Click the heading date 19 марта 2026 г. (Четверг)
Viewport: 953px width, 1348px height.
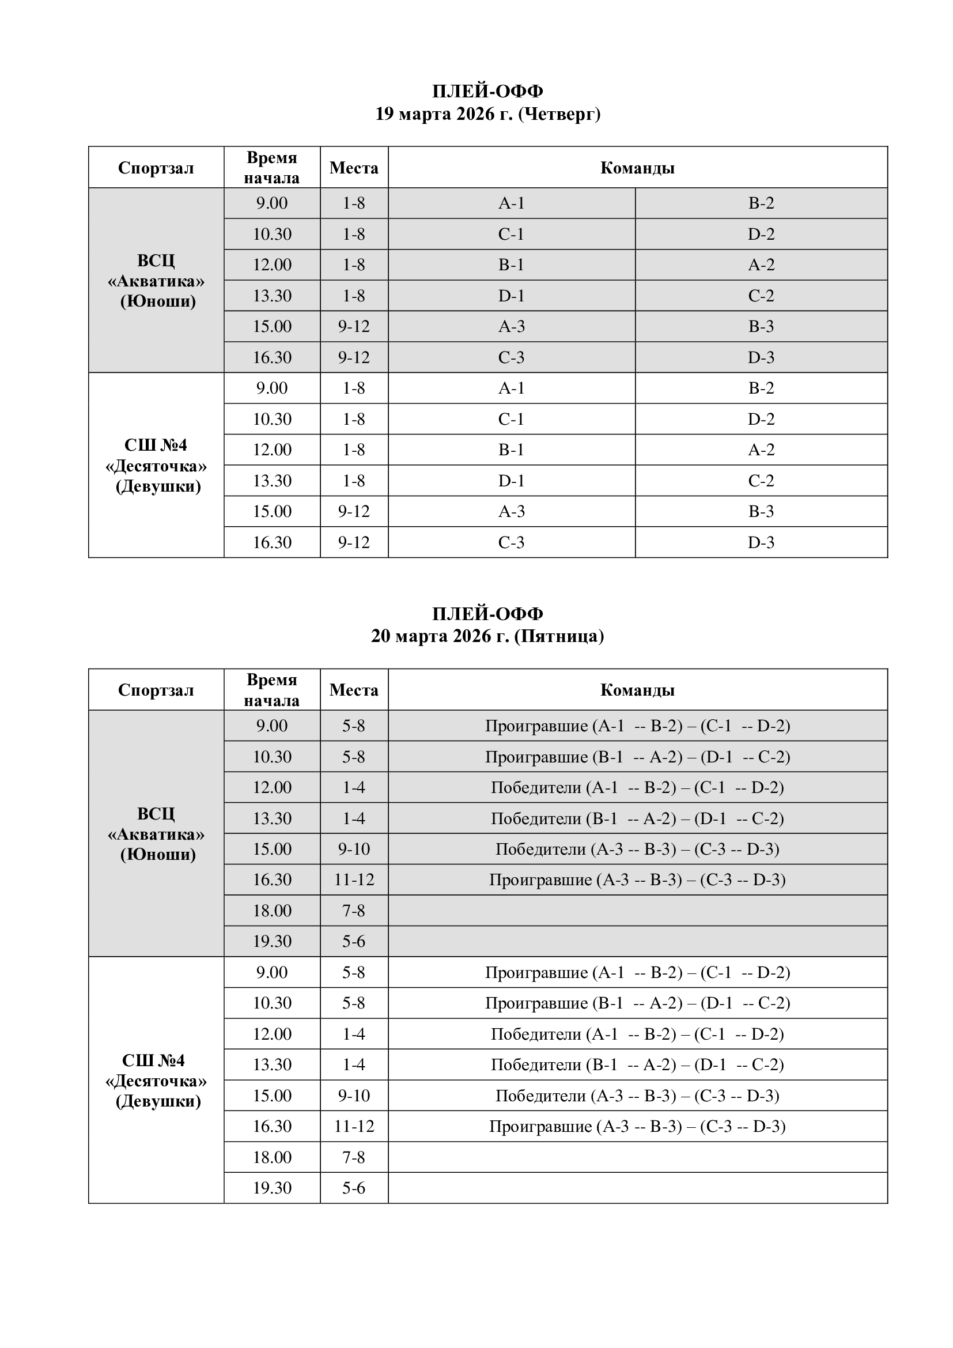(x=487, y=114)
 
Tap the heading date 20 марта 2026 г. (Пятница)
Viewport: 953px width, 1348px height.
(x=487, y=636)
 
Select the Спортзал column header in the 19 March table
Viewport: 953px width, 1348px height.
(x=156, y=168)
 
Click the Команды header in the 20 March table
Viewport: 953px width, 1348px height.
(x=637, y=690)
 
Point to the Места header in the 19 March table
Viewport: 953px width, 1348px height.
(x=354, y=168)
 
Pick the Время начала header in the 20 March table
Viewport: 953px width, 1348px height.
(x=272, y=690)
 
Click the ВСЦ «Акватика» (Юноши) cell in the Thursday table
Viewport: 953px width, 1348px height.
(x=156, y=281)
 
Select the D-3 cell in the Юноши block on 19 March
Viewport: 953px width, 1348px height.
(x=761, y=357)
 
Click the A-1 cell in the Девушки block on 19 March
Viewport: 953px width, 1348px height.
(x=511, y=388)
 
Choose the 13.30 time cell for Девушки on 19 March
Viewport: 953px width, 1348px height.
(x=272, y=481)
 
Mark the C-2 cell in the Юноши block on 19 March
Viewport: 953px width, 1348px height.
(x=761, y=296)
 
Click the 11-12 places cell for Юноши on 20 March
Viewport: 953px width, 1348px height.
(x=354, y=879)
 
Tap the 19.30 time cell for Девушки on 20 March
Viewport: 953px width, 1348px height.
(x=272, y=1188)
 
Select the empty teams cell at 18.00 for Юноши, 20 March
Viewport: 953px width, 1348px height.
(x=637, y=911)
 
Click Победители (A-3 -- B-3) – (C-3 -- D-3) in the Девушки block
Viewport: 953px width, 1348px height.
(x=637, y=1096)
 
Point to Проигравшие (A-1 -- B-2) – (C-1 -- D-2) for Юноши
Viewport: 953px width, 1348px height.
(x=637, y=726)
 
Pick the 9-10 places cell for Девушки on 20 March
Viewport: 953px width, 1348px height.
(x=354, y=1096)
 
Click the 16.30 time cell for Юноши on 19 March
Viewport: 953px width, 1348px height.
(x=272, y=357)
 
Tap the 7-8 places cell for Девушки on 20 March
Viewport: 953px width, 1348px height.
(x=354, y=1157)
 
